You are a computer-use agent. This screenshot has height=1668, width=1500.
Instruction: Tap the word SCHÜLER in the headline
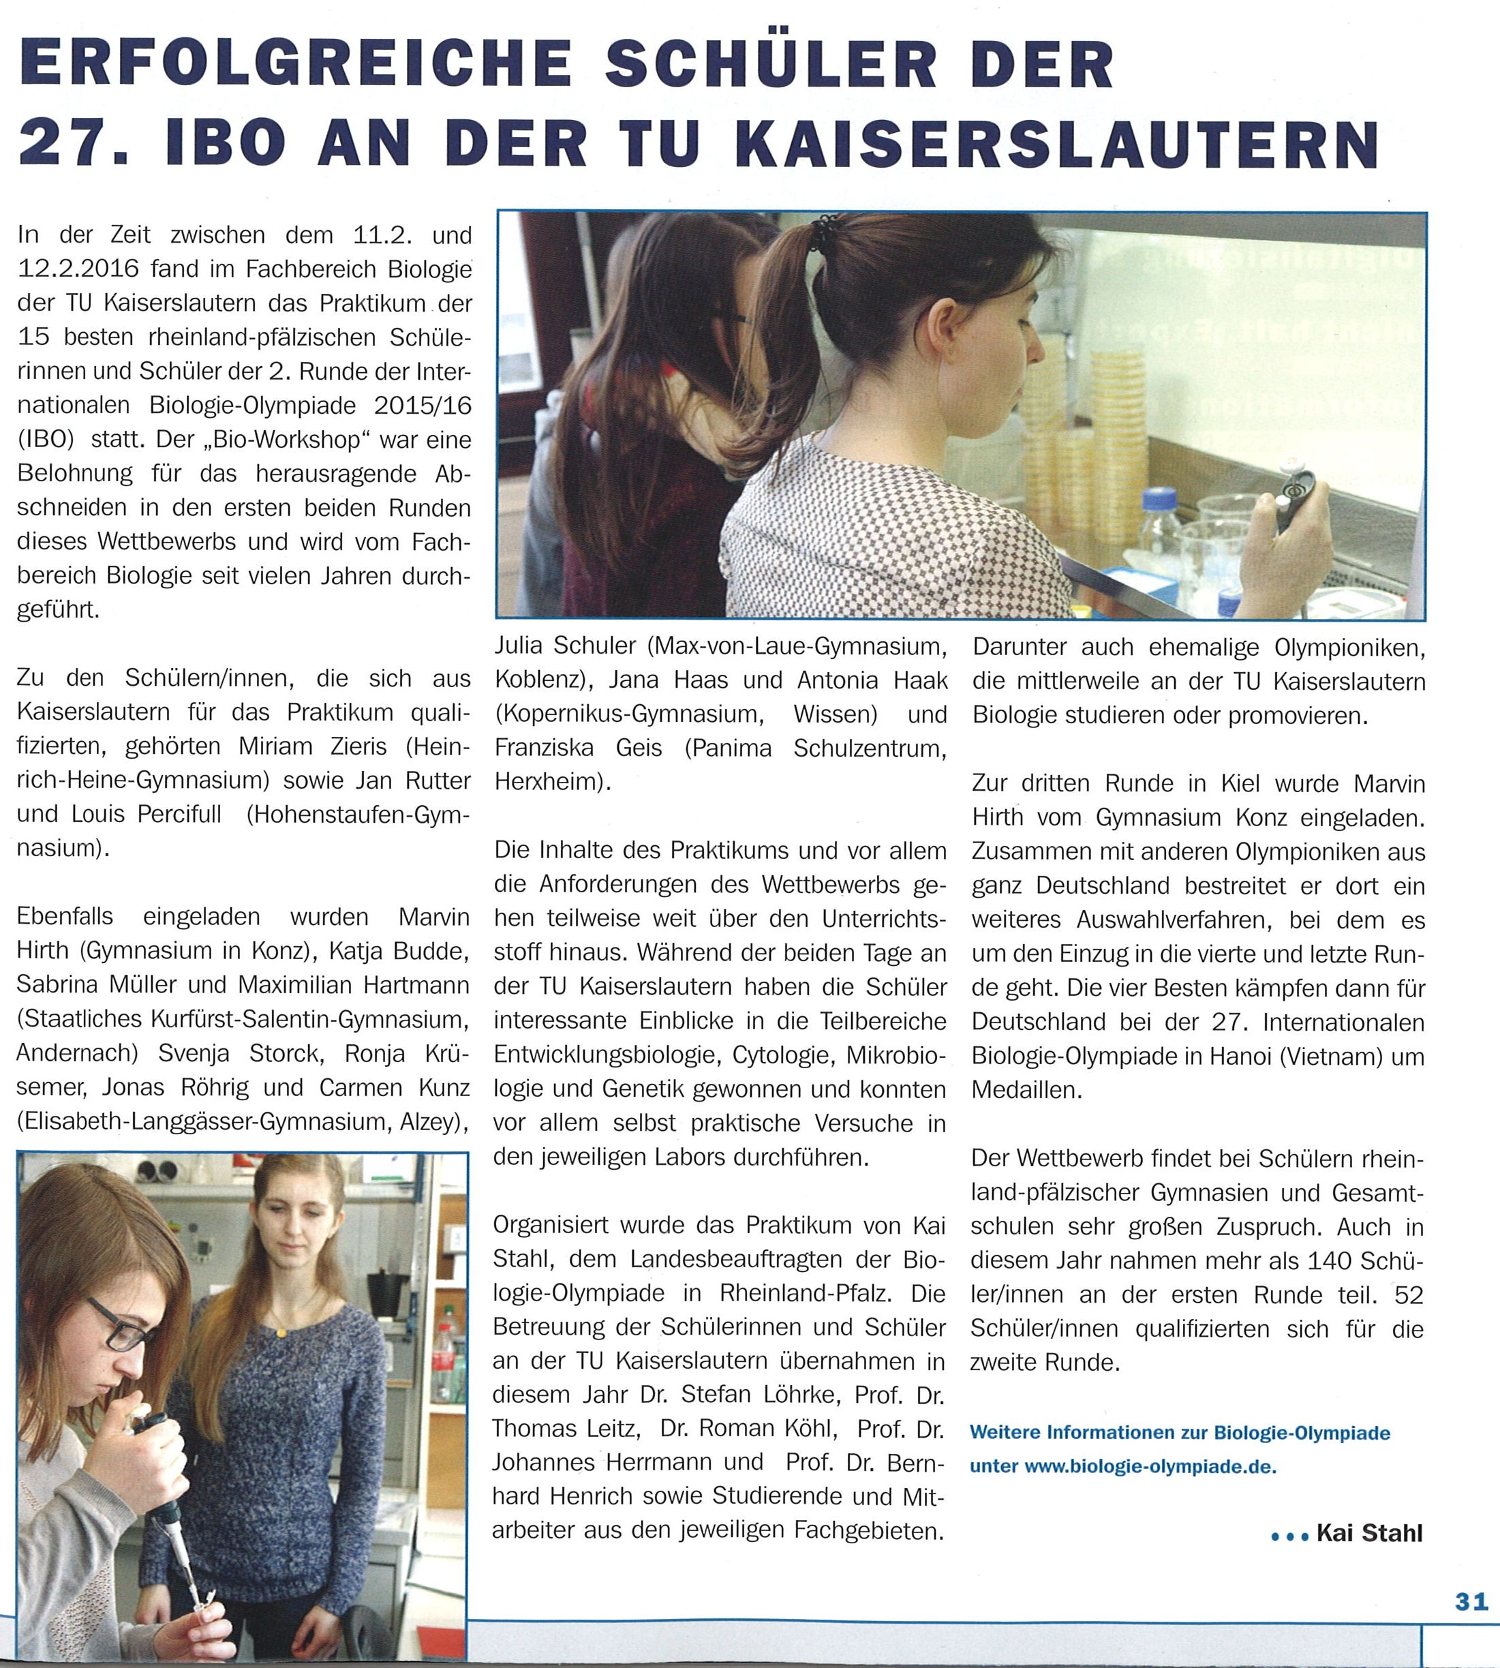coord(771,64)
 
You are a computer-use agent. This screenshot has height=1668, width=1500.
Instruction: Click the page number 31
coord(1471,1624)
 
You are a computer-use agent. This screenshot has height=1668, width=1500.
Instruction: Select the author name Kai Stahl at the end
coord(1369,1534)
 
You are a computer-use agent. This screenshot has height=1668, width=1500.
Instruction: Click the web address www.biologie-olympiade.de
coord(1150,1467)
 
